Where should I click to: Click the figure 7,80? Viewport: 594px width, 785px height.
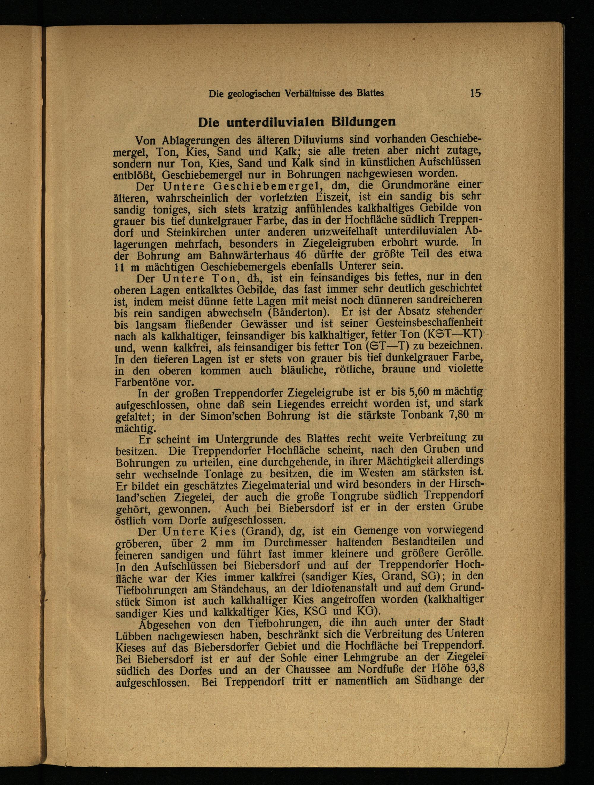tap(461, 415)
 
